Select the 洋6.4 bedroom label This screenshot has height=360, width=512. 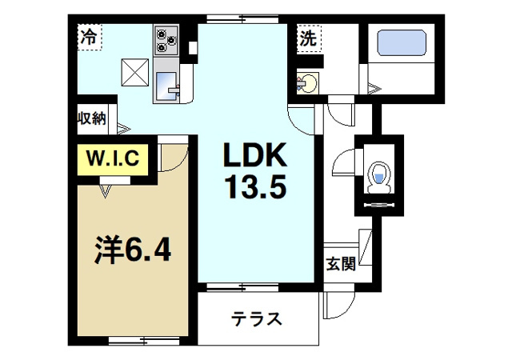coord(132,251)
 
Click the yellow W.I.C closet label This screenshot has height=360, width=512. coord(112,158)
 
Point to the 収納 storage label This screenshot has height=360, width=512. coord(92,118)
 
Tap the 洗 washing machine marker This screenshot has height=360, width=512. coord(308,36)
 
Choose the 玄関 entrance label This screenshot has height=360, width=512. coord(340,264)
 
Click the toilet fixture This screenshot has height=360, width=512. coord(378,177)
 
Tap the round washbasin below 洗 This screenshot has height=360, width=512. coord(307,81)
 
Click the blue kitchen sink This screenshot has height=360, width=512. coord(168,84)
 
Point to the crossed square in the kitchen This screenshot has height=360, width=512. coord(135,72)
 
